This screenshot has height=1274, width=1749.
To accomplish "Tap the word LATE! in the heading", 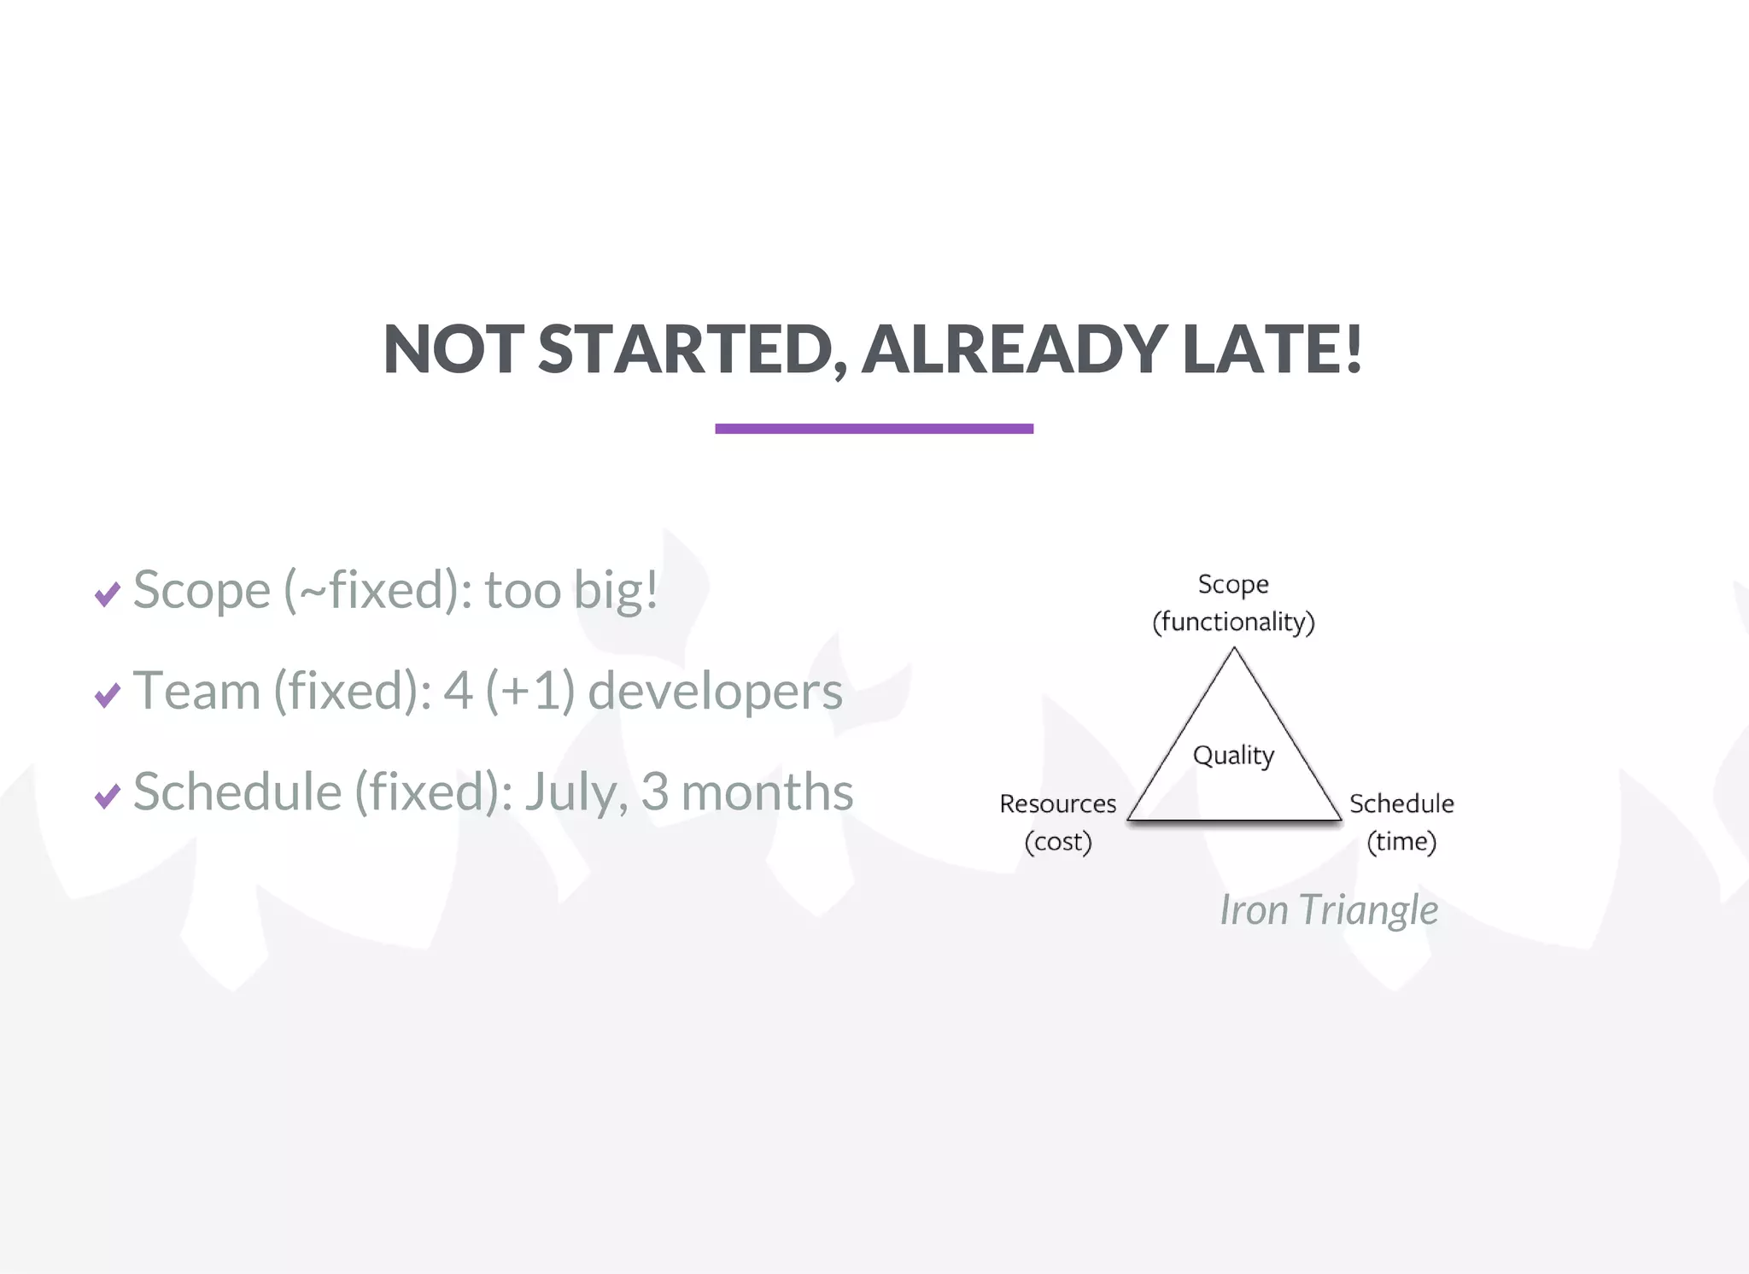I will tap(1272, 349).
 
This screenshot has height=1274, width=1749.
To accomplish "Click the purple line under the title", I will tap(874, 429).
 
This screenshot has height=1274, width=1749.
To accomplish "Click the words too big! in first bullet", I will tap(571, 590).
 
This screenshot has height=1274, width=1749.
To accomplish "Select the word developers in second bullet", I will tap(715, 691).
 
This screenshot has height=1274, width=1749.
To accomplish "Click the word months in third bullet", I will tap(767, 792).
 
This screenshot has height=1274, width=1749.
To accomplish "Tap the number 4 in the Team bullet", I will tap(458, 691).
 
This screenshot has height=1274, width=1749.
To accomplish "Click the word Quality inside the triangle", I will tap(1233, 756).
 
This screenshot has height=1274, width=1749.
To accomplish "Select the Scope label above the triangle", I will tap(1233, 584).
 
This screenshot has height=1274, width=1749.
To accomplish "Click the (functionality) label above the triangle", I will tap(1233, 622).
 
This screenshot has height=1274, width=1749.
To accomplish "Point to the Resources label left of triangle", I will tap(1057, 804).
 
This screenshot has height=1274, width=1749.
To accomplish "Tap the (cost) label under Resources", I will tap(1058, 842).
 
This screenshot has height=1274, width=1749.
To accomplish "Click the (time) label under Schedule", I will tap(1401, 842).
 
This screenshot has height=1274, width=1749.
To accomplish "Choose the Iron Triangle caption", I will tap(1328, 910).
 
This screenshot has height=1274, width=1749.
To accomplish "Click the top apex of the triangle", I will tap(1234, 650).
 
